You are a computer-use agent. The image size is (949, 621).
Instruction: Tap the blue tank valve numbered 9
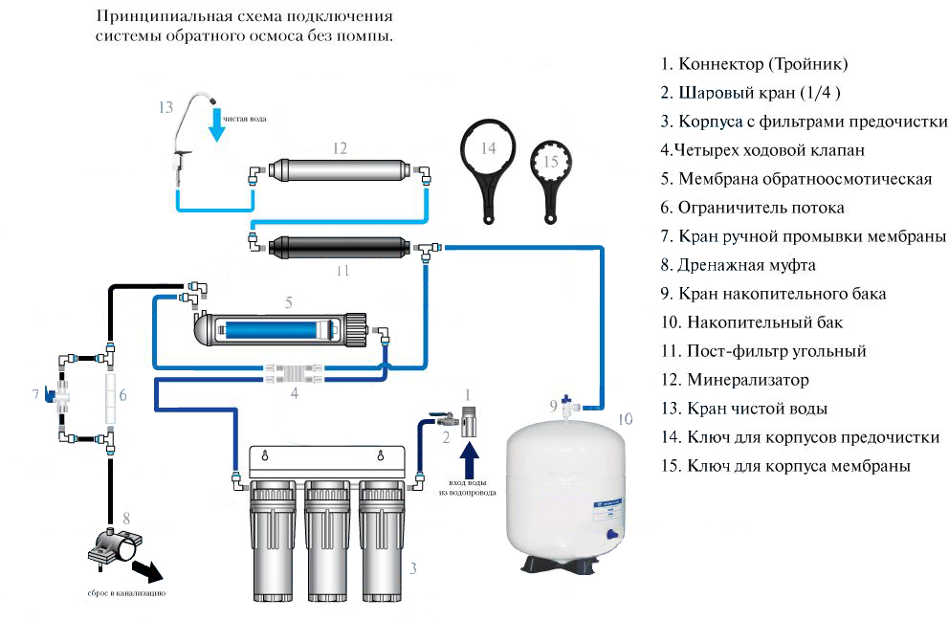[568, 404]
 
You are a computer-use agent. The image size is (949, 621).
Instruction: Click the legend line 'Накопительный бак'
[752, 322]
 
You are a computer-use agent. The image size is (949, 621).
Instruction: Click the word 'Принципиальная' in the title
[157, 16]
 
